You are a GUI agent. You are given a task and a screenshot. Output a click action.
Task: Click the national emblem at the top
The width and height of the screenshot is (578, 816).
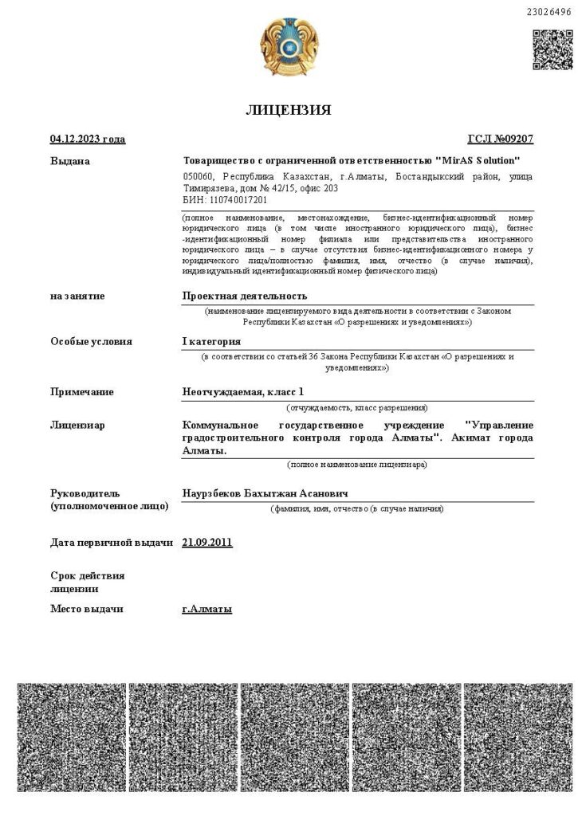pos(288,47)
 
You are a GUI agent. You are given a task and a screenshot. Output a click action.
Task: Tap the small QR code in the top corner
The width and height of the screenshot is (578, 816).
pos(552,49)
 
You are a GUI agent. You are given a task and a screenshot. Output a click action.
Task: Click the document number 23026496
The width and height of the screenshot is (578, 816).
pos(549,12)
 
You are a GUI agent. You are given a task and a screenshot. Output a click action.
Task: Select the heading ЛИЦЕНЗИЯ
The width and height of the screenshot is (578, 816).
pos(288,110)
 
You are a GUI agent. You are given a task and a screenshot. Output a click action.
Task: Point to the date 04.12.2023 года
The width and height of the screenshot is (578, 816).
pos(88,139)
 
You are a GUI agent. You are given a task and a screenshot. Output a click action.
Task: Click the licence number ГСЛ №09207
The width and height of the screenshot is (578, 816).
pos(500,139)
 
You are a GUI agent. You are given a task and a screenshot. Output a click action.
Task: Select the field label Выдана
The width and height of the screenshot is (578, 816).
pos(70,161)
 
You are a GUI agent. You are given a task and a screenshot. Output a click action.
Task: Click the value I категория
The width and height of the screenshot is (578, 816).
pos(211,341)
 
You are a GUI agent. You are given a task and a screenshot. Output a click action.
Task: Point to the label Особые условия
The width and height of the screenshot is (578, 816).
pos(91,341)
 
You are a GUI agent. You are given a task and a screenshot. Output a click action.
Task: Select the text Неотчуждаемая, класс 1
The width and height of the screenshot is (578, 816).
pos(243,391)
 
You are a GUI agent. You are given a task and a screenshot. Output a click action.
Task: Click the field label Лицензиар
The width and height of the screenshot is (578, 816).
pos(77,425)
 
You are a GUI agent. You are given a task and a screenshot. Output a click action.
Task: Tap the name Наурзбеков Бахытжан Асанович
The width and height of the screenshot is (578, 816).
pos(265,493)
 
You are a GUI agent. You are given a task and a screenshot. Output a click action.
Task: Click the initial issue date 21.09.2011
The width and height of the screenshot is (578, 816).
pos(207,543)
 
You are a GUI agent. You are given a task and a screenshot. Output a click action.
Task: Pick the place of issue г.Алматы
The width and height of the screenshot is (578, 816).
pos(207,609)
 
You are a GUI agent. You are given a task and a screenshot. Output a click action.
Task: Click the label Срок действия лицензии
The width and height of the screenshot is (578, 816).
pos(88,582)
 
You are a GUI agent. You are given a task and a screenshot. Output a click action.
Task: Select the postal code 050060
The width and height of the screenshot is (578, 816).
pos(199,176)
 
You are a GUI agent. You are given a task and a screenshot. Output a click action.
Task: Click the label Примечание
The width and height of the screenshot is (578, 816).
pos(82,391)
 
